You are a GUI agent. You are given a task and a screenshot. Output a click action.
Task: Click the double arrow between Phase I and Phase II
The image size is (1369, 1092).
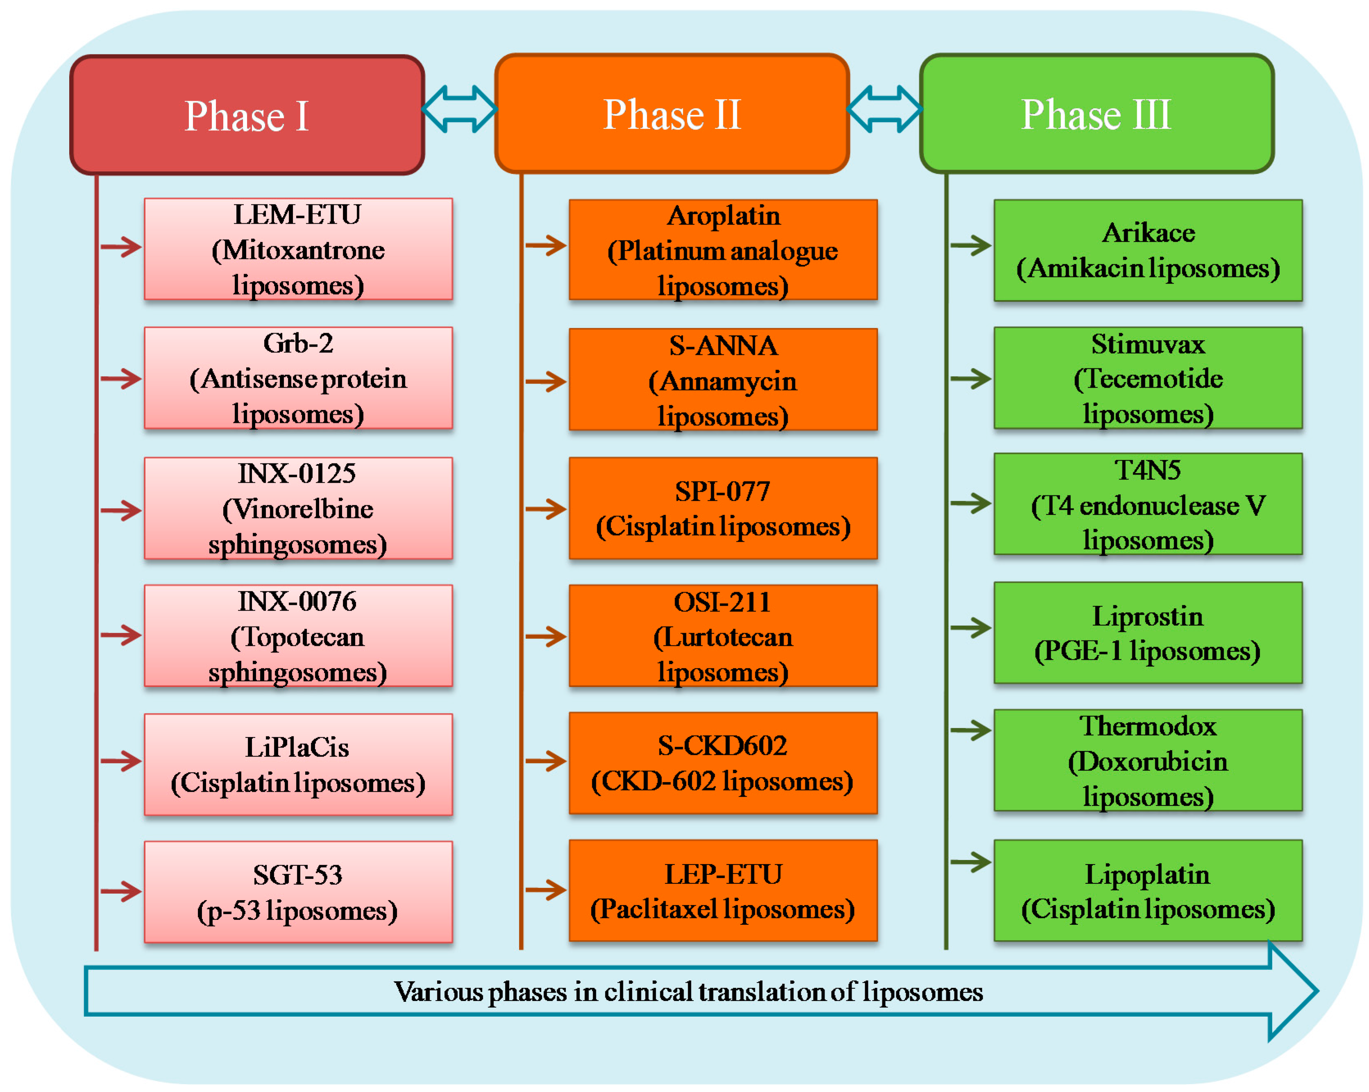coord(459,109)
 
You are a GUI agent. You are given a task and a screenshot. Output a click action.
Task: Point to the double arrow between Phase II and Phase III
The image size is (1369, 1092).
coord(884,109)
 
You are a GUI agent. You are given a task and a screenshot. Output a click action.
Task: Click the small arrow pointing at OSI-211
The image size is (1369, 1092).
coord(546,636)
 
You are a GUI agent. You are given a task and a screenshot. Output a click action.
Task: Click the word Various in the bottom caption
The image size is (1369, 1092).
coord(439,992)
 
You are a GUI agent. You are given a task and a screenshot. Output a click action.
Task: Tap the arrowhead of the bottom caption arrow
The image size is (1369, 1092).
coord(1292,991)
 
